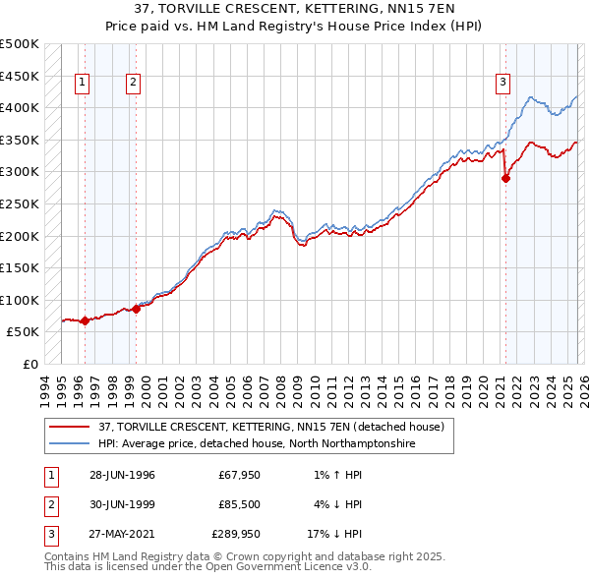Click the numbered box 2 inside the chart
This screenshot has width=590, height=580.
coord(132,84)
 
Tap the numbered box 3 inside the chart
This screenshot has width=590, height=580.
coord(502,84)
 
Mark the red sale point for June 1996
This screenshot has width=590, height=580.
coord(86,320)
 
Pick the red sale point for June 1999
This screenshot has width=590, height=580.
coord(137,309)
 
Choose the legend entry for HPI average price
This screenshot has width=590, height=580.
coord(257,444)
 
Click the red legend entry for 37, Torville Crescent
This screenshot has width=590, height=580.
coord(271,427)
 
